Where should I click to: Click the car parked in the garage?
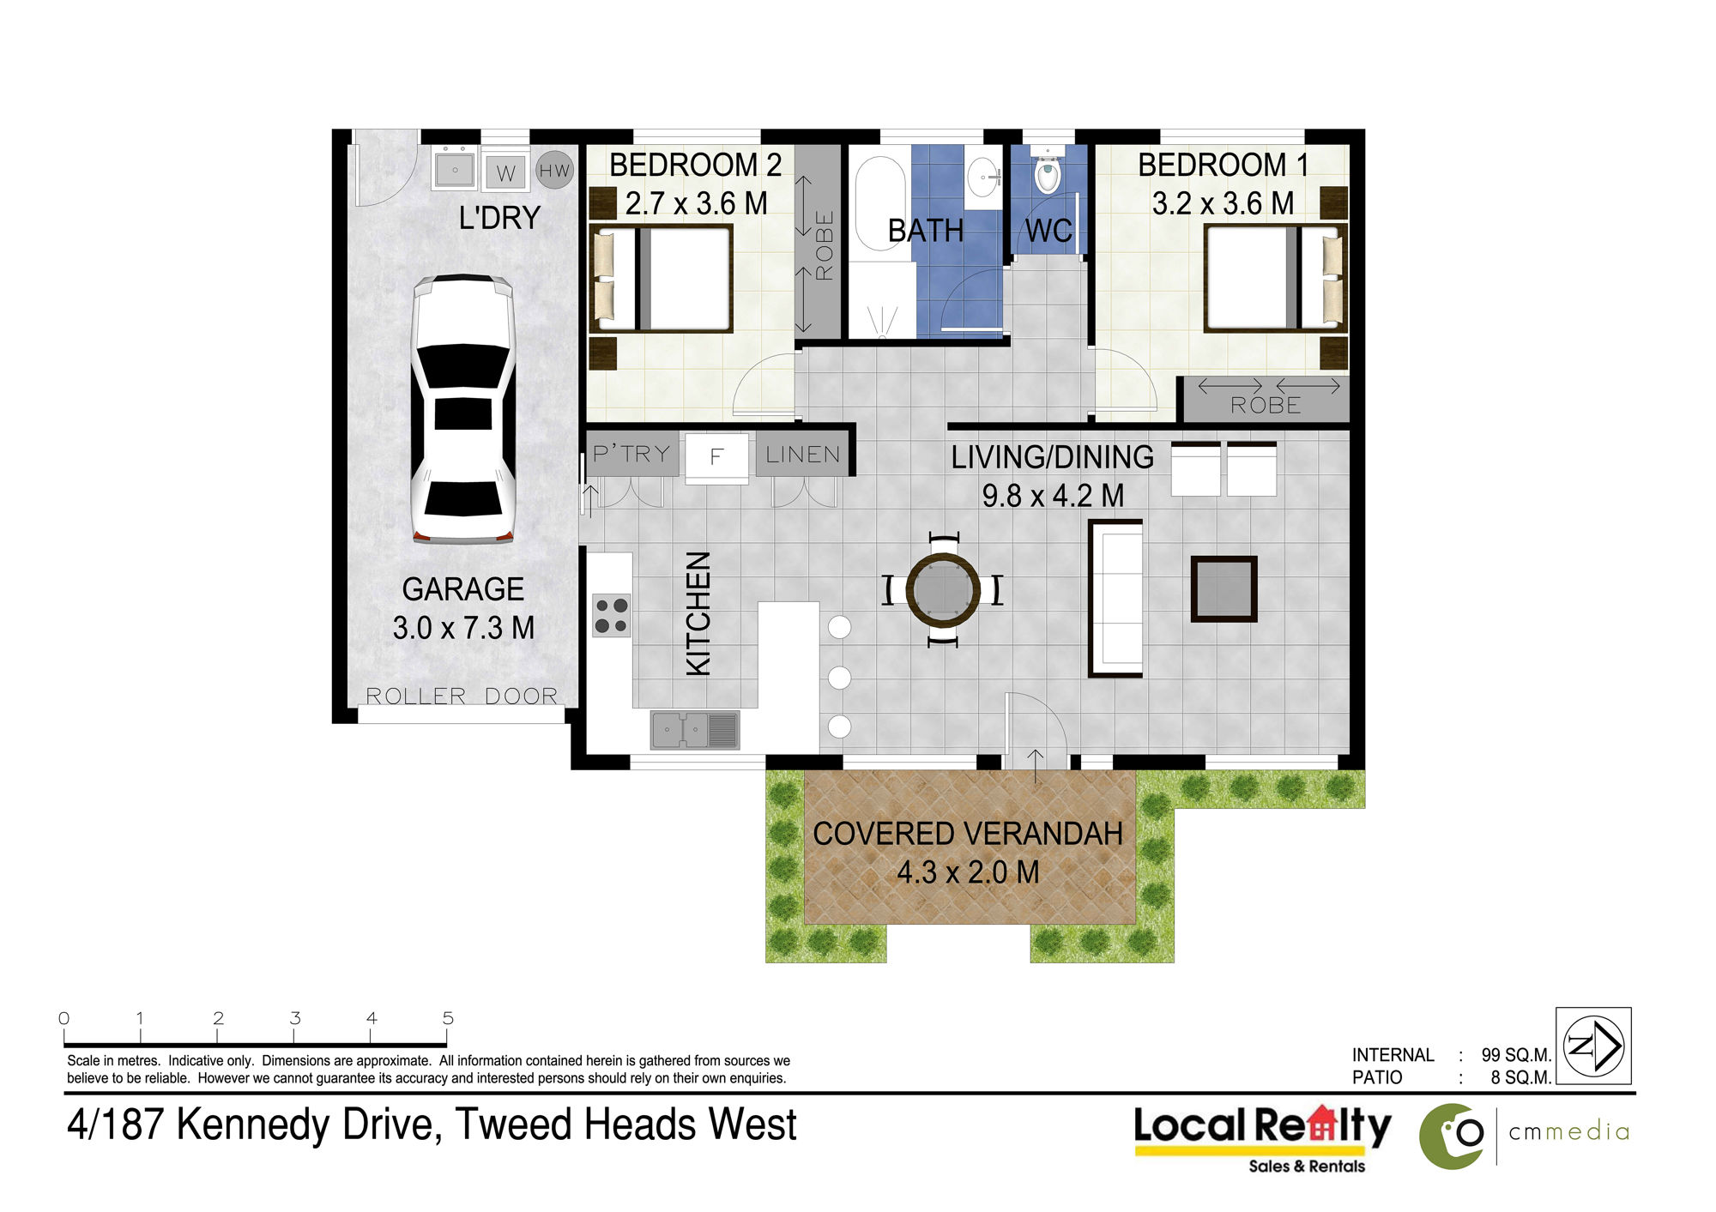click(x=463, y=409)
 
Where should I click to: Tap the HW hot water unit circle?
click(x=554, y=171)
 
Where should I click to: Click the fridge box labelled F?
click(x=716, y=456)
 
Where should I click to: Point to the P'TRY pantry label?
click(x=631, y=454)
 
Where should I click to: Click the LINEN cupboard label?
click(x=803, y=455)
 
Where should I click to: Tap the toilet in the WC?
click(x=1047, y=172)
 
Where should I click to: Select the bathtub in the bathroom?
click(x=879, y=203)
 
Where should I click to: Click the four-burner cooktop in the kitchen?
click(x=611, y=616)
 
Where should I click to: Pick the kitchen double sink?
click(x=695, y=730)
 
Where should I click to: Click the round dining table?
click(x=943, y=591)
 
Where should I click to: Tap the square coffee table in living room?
click(x=1224, y=589)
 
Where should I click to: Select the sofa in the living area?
click(x=1115, y=599)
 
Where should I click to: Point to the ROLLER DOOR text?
click(x=462, y=696)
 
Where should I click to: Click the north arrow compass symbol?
click(x=1593, y=1046)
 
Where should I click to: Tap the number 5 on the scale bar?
click(x=448, y=1018)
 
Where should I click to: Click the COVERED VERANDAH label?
click(x=968, y=834)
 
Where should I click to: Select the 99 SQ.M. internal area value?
click(x=1516, y=1055)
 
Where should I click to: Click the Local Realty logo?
click(x=1262, y=1138)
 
